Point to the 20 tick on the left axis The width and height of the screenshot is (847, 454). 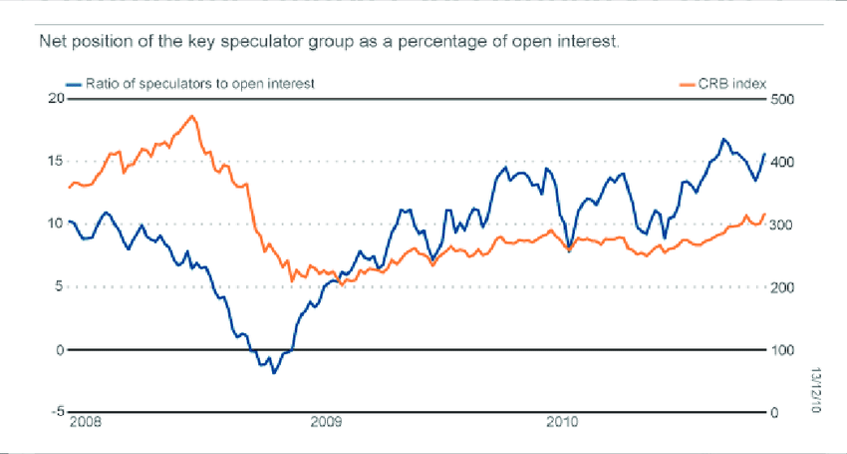click(56, 98)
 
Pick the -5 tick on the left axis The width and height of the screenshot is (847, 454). click(56, 411)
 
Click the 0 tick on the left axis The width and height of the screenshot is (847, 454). click(59, 349)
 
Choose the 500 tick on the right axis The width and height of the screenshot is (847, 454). click(783, 98)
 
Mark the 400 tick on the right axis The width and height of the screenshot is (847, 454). click(783, 161)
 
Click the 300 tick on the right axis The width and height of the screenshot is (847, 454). click(783, 224)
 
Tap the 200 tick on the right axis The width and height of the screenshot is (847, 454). click(783, 287)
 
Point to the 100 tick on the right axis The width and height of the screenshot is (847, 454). click(783, 349)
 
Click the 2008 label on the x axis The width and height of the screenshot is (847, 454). click(86, 423)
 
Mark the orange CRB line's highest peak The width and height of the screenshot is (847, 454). click(192, 116)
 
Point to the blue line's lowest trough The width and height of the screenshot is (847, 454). click(274, 372)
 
